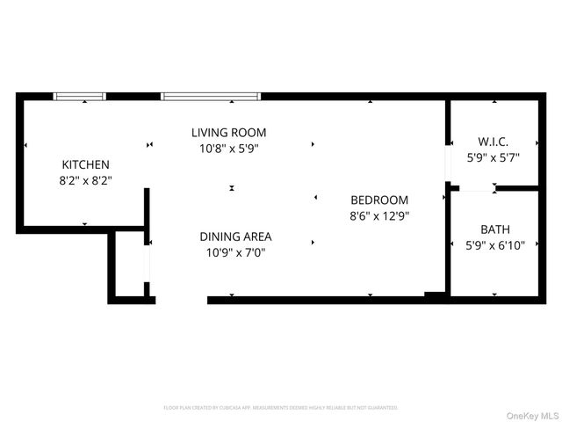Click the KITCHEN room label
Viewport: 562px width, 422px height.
pos(85,164)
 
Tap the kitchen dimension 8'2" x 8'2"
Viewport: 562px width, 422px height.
pos(85,179)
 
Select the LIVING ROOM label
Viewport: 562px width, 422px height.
pos(229,133)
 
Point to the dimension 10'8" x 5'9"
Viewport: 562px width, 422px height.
pos(229,148)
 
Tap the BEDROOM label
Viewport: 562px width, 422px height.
pos(379,200)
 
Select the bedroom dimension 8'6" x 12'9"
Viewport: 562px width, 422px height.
pos(379,215)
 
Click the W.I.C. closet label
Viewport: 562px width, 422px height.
pos(493,142)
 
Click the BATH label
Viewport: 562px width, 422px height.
pos(494,229)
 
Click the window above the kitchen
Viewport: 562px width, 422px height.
pos(80,96)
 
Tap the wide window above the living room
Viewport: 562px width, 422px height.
pos(211,96)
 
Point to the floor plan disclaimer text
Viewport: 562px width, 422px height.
pos(281,408)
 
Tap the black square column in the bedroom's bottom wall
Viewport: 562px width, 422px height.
pos(434,295)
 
